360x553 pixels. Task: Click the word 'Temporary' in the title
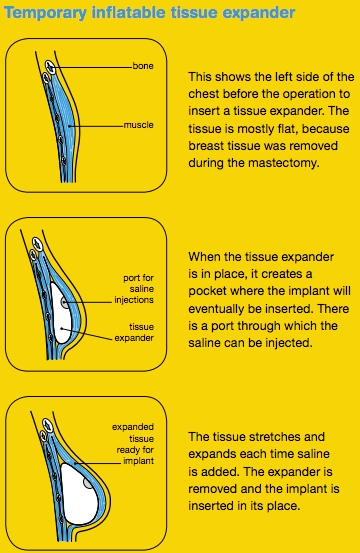coord(45,13)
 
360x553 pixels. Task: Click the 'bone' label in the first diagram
coord(143,66)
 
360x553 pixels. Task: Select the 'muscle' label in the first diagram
coord(139,125)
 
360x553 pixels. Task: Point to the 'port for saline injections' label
coord(134,289)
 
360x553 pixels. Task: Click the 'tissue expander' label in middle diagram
coord(134,332)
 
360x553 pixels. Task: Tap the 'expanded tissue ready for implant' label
coord(133,444)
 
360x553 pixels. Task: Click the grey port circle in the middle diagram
coord(65,302)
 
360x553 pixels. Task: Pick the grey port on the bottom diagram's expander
coord(88,483)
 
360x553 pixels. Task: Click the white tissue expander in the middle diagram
coord(61,314)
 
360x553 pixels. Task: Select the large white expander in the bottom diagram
coord(79,494)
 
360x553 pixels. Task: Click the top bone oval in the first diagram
coord(50,67)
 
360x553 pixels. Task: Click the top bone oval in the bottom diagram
coord(47,425)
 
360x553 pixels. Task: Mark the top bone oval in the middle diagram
coord(37,244)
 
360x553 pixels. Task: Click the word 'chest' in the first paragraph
coord(203,94)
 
